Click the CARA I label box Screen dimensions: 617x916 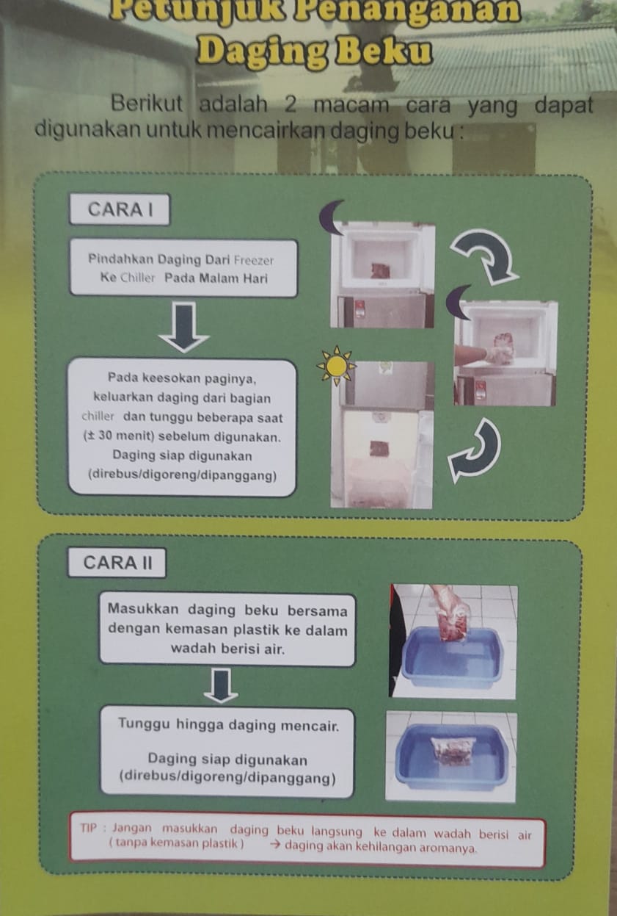pyautogui.click(x=120, y=209)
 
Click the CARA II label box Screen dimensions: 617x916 pyautogui.click(x=117, y=563)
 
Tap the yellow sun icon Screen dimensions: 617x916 pyautogui.click(x=336, y=366)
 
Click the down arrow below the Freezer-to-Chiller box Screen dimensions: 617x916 pyautogui.click(x=184, y=327)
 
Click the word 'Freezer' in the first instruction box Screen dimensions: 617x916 pyautogui.click(x=254, y=261)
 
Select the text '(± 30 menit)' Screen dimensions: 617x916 pyautogui.click(x=119, y=437)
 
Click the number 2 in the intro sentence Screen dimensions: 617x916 pyautogui.click(x=290, y=105)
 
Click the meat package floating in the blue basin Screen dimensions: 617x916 pyautogui.click(x=453, y=751)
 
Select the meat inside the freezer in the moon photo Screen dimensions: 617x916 pyautogui.click(x=380, y=270)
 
